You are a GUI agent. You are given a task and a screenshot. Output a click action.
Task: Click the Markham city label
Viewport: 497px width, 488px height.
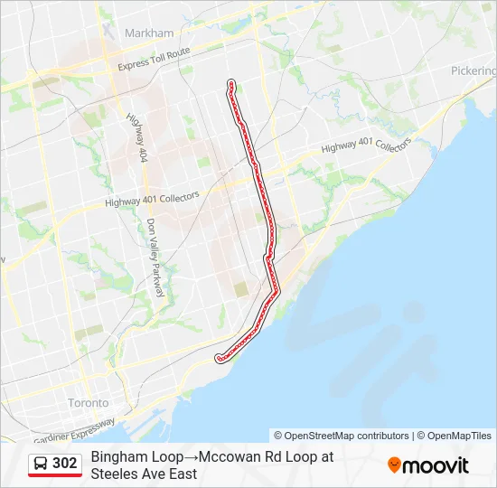pos(150,33)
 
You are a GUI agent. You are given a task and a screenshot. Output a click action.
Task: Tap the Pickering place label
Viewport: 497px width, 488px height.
pos(474,70)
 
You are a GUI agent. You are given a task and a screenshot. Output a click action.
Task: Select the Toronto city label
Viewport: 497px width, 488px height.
pos(88,402)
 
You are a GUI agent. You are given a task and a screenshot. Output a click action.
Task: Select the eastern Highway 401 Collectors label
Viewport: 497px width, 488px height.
pos(366,148)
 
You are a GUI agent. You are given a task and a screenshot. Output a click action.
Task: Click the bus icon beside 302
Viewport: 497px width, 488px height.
pos(41,464)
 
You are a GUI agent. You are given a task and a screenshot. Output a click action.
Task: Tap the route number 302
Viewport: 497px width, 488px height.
pos(65,464)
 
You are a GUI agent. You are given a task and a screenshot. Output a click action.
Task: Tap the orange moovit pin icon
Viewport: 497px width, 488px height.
pos(394,465)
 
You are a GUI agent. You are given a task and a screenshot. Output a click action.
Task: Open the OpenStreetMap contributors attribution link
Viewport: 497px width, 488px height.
pos(342,436)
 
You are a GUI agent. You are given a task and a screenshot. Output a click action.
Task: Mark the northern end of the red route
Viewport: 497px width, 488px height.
pos(230,83)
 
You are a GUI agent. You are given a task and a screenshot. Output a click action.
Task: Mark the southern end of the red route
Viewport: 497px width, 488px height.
pos(219,359)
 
